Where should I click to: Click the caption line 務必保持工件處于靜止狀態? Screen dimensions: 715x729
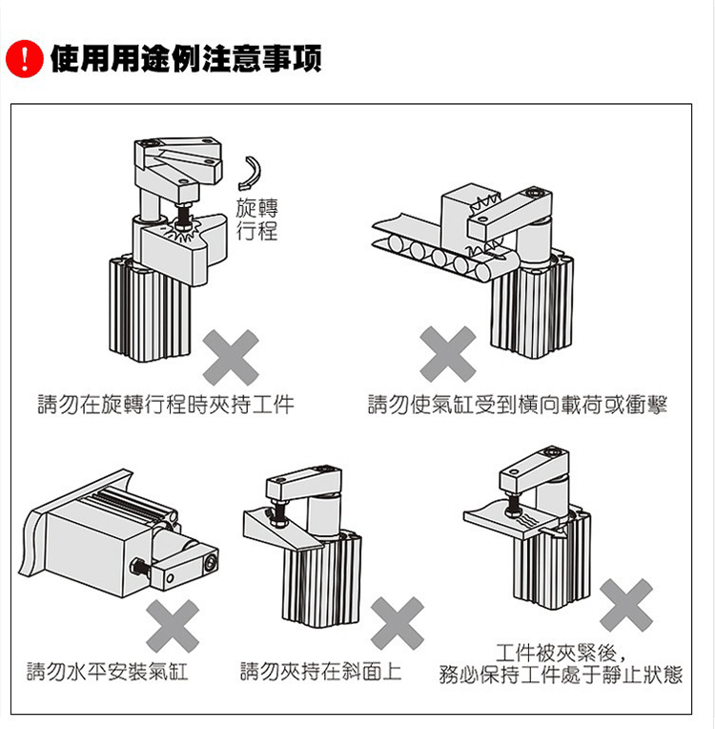561,676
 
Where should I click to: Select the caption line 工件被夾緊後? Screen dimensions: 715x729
561,653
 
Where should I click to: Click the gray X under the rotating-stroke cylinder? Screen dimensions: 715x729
232,357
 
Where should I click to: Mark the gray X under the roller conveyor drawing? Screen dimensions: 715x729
448,354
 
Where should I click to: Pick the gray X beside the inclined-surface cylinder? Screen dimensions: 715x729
397,625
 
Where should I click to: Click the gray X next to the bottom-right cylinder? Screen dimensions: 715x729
626,605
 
